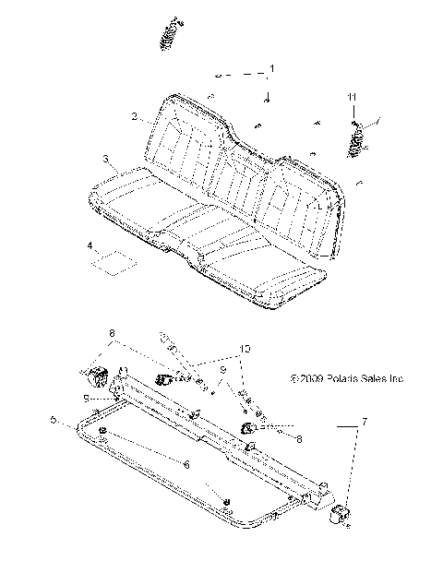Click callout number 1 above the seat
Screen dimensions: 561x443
[271, 69]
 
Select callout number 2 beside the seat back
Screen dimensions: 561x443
[134, 117]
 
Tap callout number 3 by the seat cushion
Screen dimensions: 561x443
[107, 160]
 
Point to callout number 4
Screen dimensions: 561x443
[90, 246]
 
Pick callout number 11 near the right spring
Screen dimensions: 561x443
[351, 97]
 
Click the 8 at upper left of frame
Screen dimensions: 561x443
[112, 332]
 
